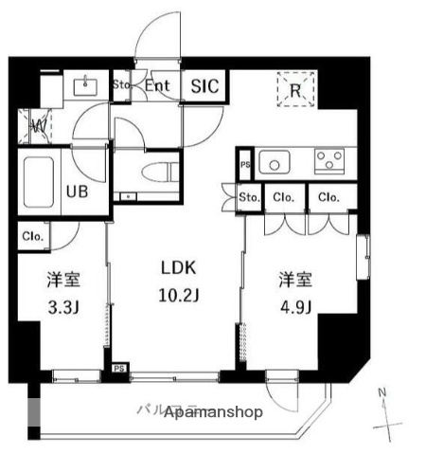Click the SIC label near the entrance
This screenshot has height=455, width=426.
204,86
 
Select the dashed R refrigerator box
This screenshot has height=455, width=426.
295,92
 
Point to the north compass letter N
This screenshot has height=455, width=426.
382,392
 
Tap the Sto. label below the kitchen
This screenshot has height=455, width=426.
249,198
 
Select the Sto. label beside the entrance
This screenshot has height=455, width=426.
120,85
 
